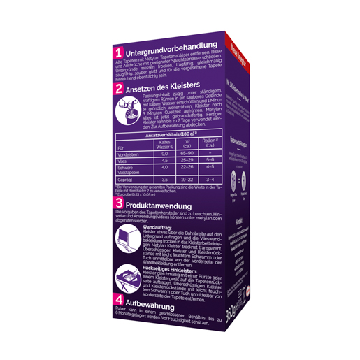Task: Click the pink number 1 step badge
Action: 120,52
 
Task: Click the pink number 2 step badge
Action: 120,89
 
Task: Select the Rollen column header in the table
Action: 209,144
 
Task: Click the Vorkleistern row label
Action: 130,153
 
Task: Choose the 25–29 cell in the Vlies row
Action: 187,160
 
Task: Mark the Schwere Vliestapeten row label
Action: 132,169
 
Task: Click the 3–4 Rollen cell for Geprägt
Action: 209,180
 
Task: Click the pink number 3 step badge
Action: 120,202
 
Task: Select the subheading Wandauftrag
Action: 158,227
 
